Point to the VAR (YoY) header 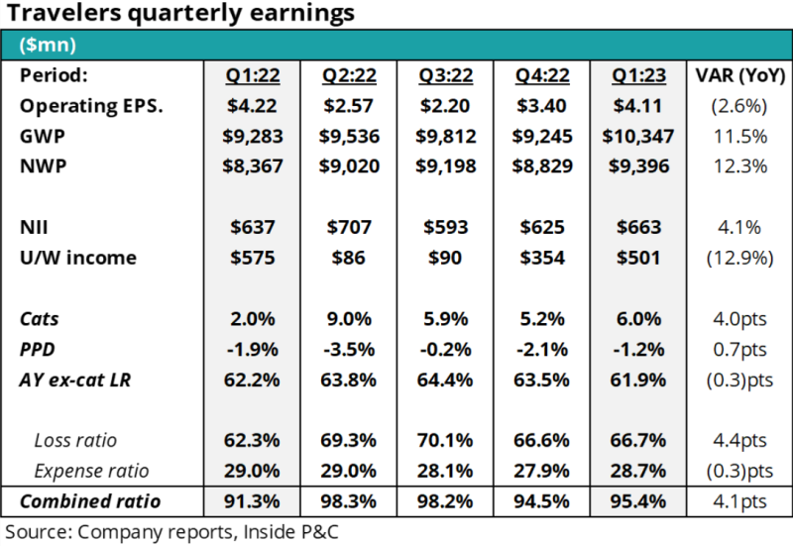736,75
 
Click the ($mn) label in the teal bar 47,45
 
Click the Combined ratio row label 90,500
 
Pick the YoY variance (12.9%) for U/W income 736,259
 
